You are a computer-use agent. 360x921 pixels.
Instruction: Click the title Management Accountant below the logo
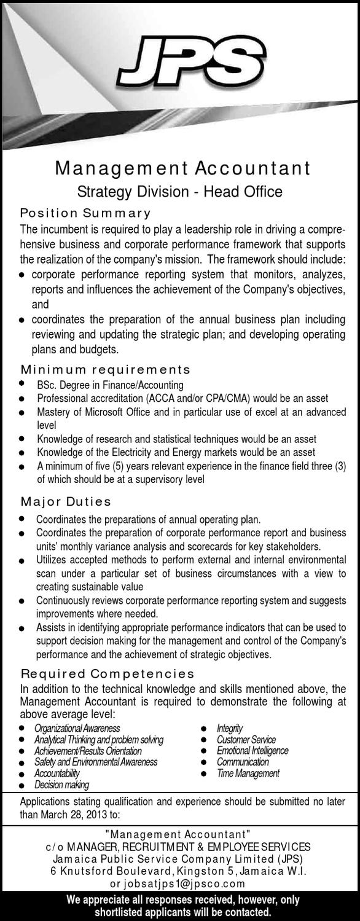182,168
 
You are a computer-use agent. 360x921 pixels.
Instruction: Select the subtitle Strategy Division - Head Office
180,192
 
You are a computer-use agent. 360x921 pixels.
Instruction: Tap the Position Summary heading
85,213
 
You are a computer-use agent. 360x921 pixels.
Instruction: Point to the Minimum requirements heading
106,370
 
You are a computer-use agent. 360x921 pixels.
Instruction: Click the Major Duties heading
66,502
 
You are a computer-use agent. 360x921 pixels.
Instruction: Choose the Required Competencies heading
108,673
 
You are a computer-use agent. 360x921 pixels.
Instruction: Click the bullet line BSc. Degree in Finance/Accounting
110,385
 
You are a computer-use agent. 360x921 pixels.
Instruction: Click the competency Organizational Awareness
77,728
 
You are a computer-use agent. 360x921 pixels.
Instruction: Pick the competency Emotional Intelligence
252,751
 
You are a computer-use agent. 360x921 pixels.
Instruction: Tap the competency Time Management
248,774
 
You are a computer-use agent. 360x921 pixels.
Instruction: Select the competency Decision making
61,785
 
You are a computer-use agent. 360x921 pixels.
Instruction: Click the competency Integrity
230,728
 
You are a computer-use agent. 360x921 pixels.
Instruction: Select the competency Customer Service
246,740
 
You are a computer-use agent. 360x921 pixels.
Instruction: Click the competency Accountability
57,774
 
